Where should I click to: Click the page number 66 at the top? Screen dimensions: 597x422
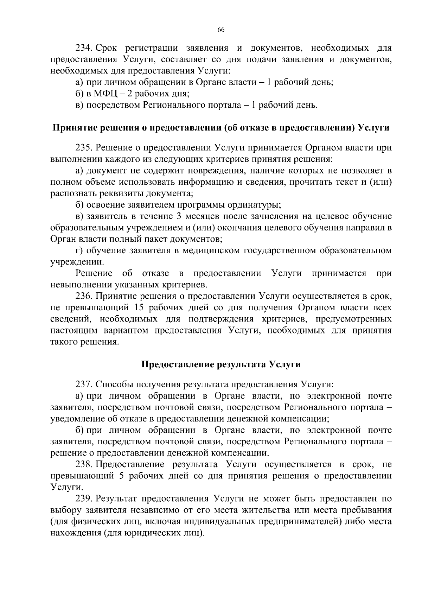pyautogui.click(x=221, y=30)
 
